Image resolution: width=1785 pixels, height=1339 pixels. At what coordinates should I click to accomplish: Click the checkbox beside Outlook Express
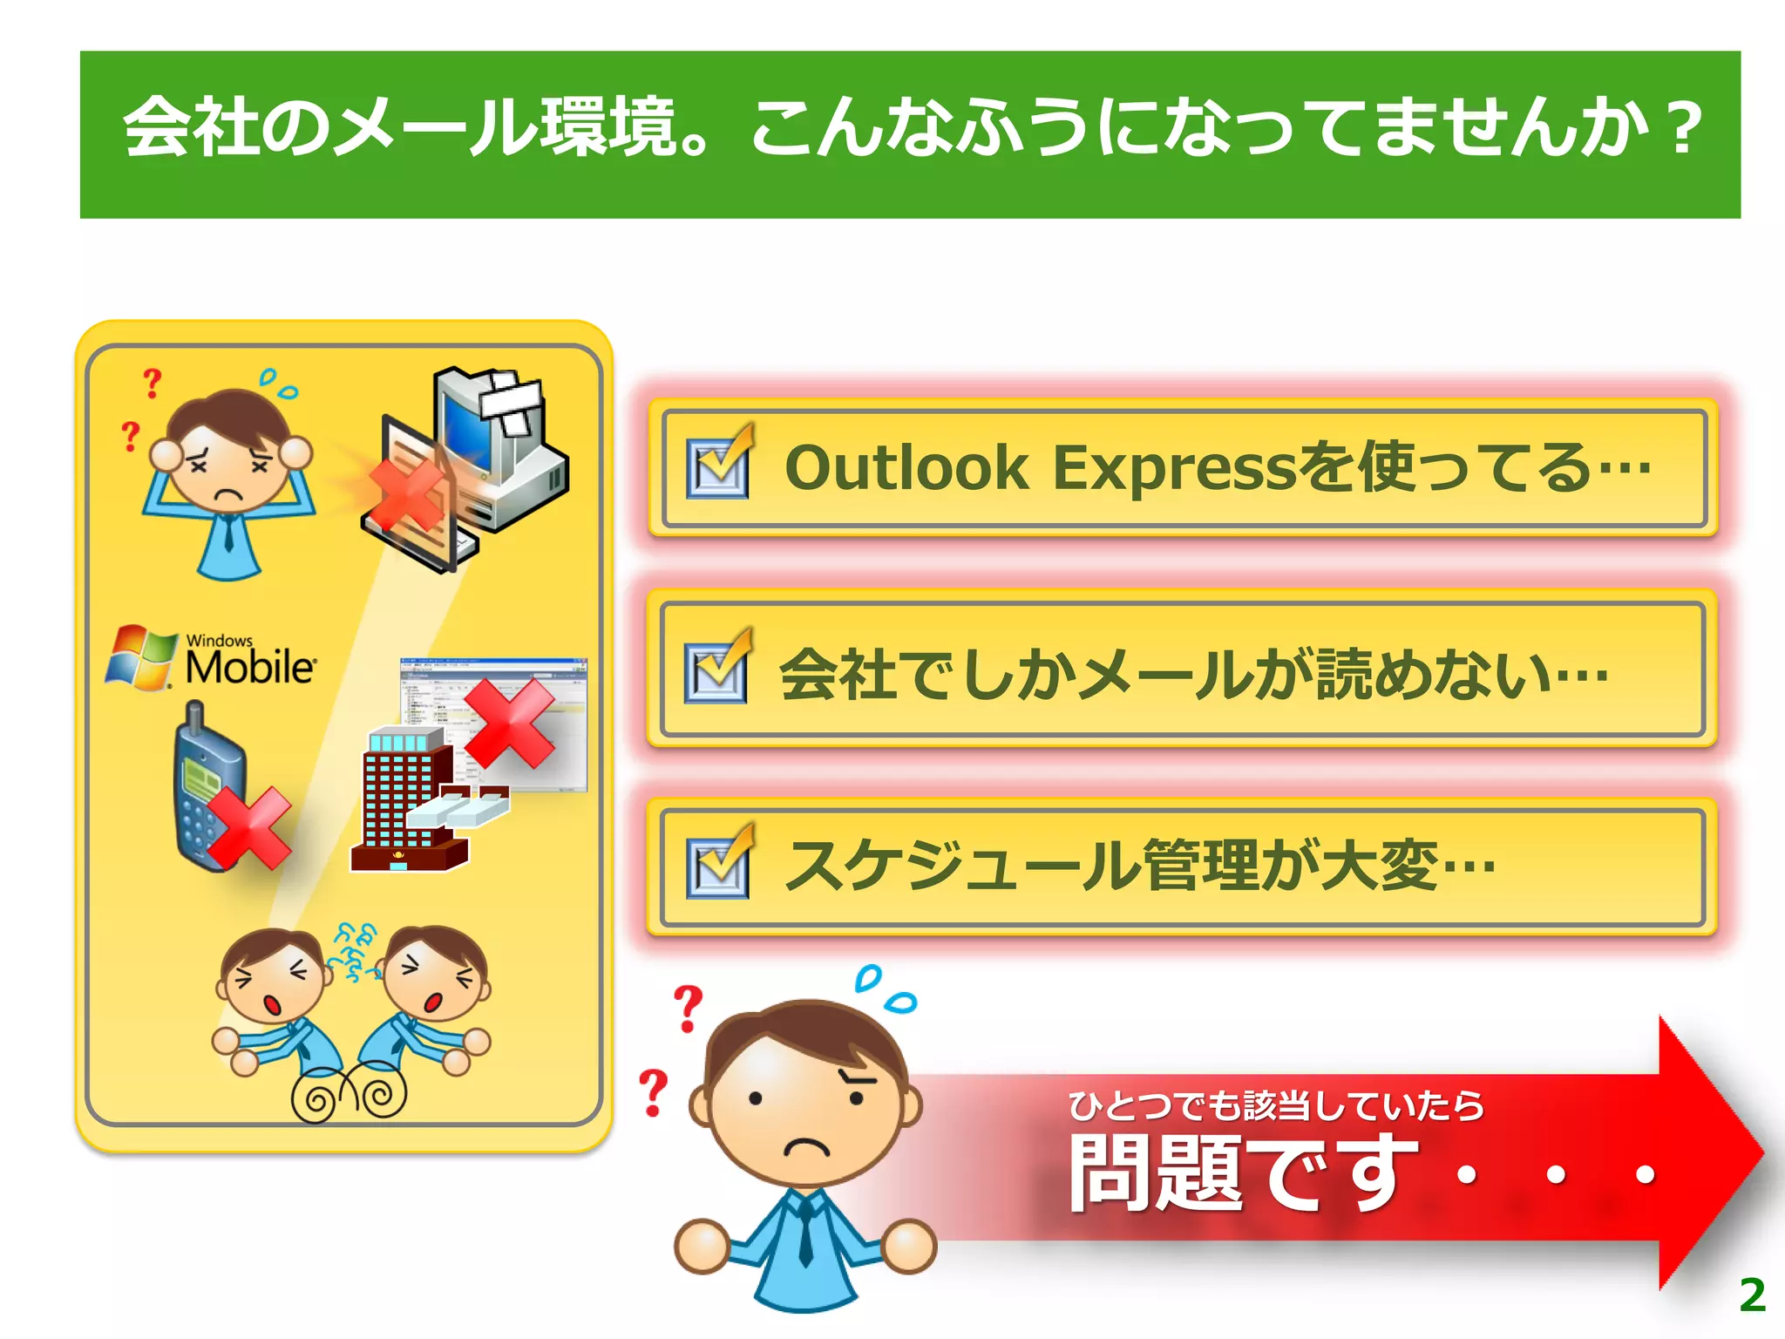point(717,467)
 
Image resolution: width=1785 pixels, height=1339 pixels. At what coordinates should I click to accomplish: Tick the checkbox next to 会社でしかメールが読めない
point(716,672)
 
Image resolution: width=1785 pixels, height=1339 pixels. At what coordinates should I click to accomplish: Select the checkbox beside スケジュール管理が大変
point(717,867)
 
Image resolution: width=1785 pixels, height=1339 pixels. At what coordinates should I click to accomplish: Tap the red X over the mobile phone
point(249,828)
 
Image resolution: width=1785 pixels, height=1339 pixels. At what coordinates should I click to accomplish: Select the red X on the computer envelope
point(406,495)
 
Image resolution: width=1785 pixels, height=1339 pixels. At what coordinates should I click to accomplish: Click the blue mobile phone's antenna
point(194,717)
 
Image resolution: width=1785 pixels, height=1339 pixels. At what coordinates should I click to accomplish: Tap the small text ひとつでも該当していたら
point(1276,1105)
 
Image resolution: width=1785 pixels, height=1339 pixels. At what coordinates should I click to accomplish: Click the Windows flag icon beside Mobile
point(139,656)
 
